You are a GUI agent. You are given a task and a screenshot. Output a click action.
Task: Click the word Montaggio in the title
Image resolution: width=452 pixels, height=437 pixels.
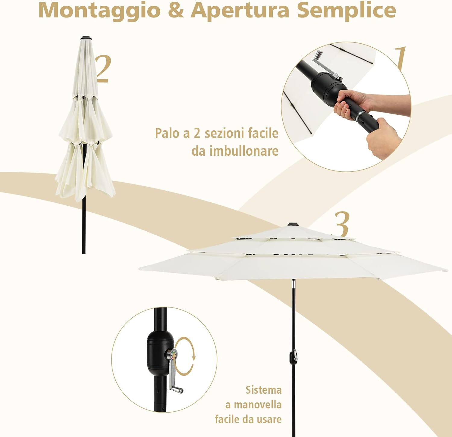99,10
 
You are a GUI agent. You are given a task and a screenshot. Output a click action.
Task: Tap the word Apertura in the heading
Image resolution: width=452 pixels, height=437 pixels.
240,10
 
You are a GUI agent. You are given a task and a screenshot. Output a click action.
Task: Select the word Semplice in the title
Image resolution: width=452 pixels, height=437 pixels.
347,10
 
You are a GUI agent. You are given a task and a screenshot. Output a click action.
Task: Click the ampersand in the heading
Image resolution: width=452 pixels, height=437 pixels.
176,10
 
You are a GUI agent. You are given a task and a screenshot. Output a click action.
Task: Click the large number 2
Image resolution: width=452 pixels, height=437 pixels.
103,69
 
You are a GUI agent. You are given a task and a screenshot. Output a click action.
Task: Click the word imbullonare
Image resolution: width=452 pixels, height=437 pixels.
244,151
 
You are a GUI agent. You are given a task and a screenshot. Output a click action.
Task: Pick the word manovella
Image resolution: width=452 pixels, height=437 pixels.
258,404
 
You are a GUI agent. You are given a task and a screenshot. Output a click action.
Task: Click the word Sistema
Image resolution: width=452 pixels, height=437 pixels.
264,390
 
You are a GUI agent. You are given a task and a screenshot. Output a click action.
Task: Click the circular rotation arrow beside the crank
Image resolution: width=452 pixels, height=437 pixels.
185,356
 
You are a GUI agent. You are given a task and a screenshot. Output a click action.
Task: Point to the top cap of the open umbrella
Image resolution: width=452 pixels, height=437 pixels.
292,224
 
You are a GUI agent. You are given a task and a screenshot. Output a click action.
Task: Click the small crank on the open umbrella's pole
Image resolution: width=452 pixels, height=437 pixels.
294,355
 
